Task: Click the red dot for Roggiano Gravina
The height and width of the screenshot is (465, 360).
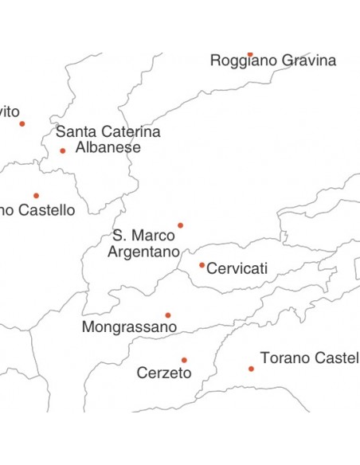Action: click(249, 54)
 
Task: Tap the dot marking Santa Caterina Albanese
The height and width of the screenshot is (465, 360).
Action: click(62, 150)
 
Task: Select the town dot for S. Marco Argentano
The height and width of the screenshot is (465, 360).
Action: click(180, 225)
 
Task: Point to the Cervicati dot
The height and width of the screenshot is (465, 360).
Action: click(202, 265)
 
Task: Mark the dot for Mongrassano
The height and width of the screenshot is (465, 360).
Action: click(167, 315)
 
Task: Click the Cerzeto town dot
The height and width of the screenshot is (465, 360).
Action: click(184, 360)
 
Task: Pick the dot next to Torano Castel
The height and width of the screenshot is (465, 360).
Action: click(251, 369)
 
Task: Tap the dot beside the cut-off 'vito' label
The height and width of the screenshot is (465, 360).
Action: click(22, 123)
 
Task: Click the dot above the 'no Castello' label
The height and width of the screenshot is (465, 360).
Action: click(36, 195)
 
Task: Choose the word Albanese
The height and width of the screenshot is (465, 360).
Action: click(108, 147)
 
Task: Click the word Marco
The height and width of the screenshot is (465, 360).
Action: click(155, 236)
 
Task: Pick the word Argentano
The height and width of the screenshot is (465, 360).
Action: click(143, 252)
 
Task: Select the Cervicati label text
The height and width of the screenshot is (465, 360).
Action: click(237, 269)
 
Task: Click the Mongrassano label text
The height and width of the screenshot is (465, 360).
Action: click(128, 327)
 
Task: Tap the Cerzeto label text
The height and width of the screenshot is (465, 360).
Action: click(164, 373)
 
